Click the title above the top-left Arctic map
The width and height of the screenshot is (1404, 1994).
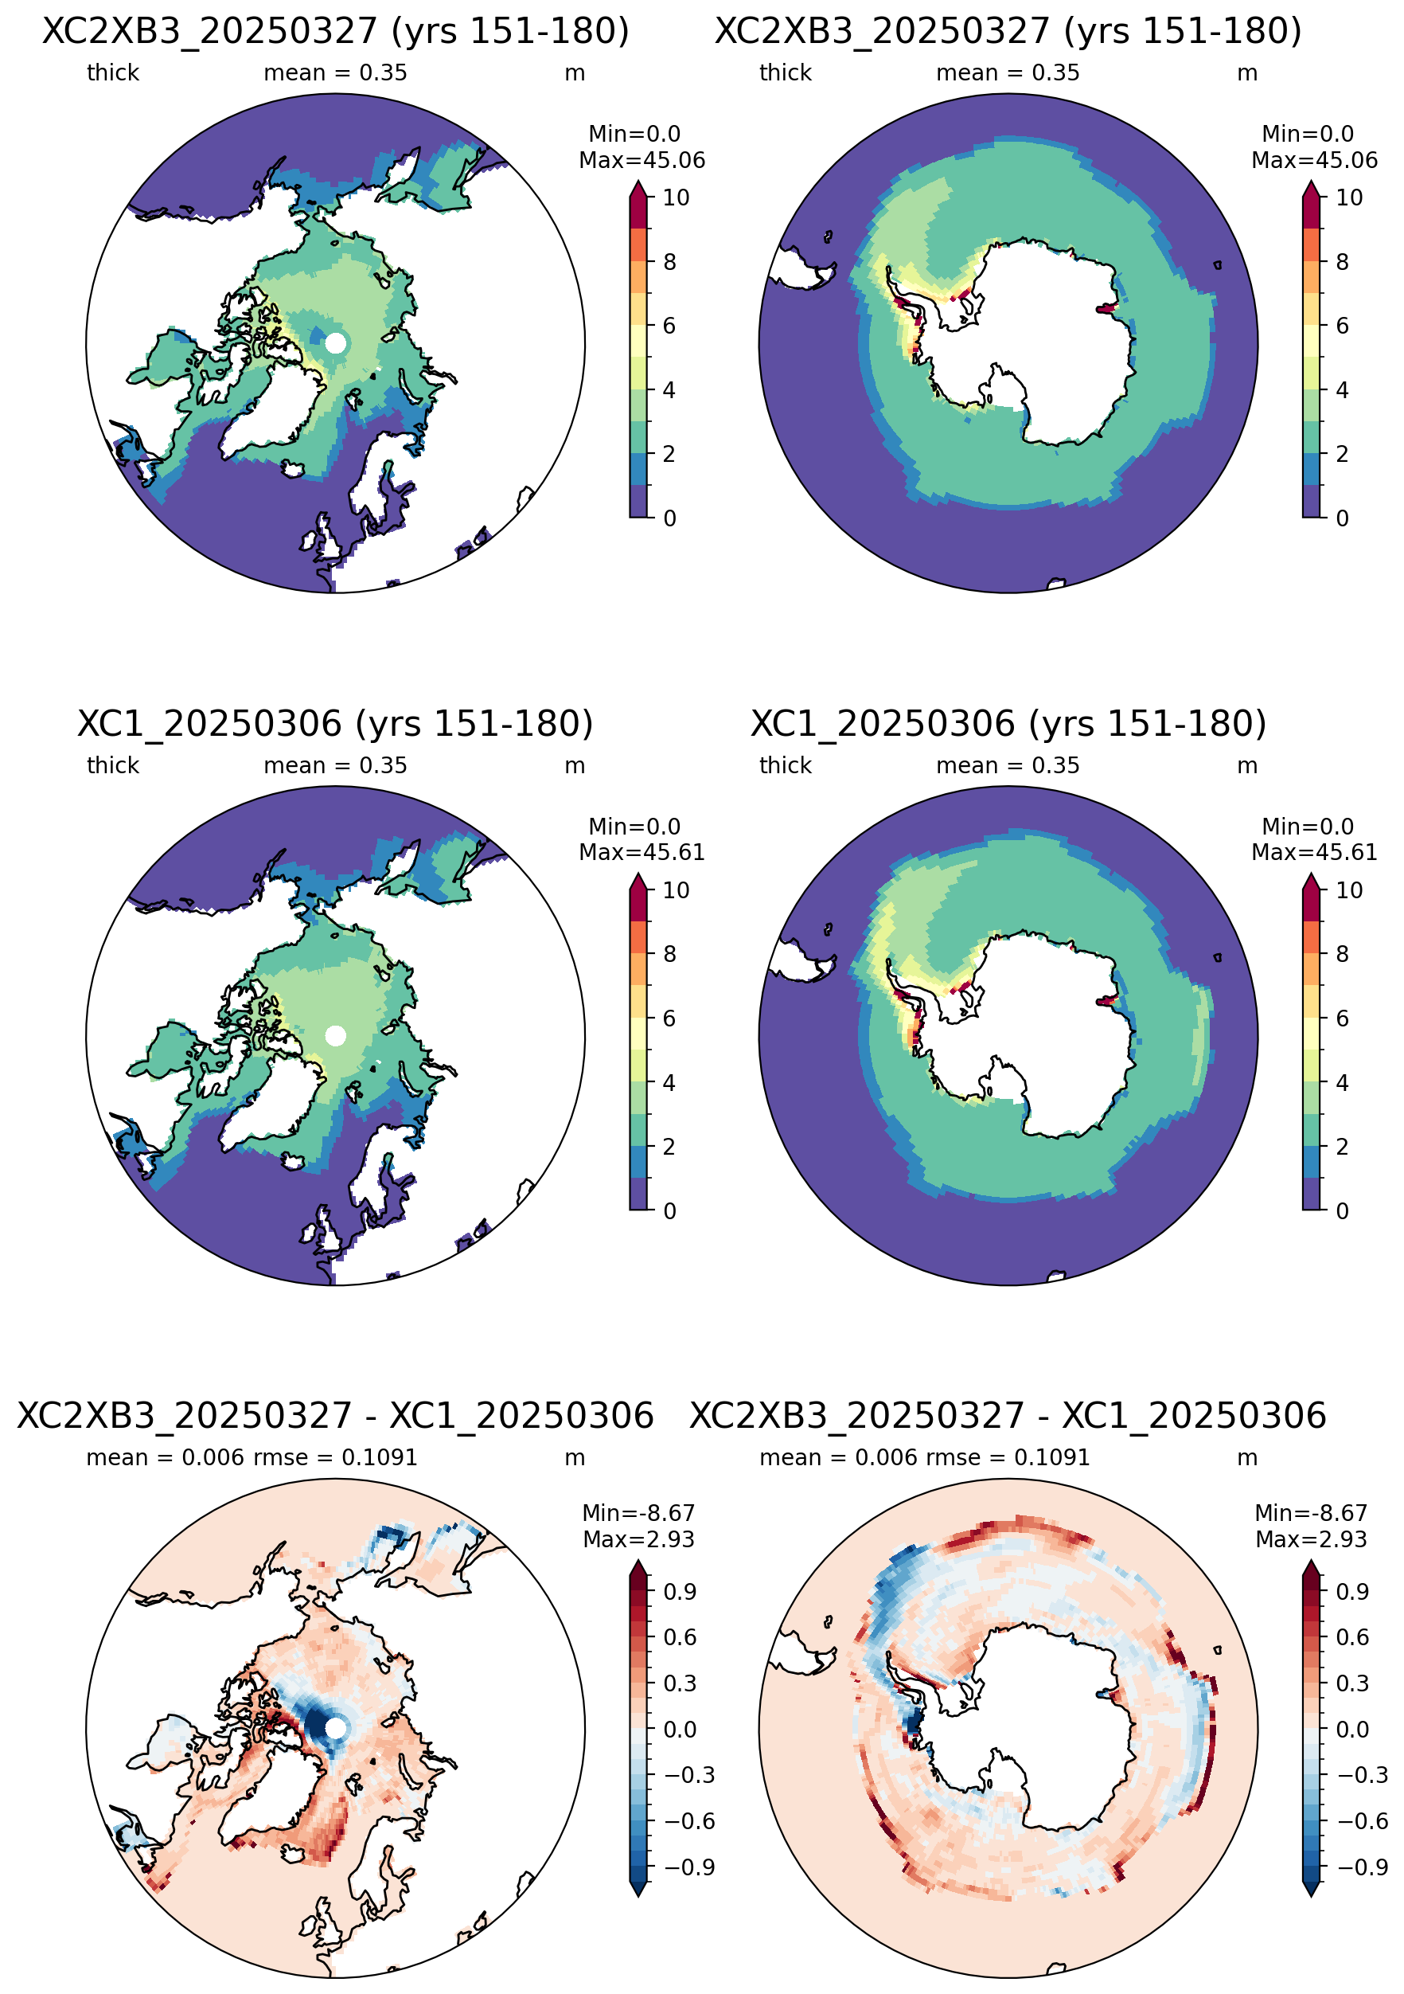[x=335, y=31]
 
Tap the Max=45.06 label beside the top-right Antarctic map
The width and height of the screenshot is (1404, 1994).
[x=1314, y=161]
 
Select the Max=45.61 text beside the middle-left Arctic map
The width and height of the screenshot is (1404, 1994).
[x=642, y=853]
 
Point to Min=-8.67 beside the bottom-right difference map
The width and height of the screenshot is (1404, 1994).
[x=1311, y=1513]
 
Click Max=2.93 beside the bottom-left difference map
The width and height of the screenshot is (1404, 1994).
[x=638, y=1540]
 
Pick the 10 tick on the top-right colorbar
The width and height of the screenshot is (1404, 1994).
[x=1348, y=198]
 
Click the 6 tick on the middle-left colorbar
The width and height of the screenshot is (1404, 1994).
[x=669, y=1018]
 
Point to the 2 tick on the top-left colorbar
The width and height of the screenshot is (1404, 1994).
[x=669, y=453]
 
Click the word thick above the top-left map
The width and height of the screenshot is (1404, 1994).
[x=113, y=73]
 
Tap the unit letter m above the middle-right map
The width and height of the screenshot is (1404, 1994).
[x=1247, y=766]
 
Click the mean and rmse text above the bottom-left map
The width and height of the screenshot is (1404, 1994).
[x=252, y=1458]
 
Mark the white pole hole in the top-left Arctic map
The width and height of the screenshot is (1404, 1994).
[x=335, y=343]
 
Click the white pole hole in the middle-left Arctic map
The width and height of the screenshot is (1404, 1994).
[x=335, y=1035]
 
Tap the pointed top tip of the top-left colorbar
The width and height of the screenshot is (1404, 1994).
[x=638, y=180]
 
